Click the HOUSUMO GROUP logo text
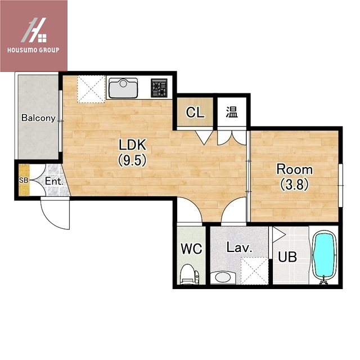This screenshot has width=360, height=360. (x=33, y=50)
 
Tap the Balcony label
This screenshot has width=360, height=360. (x=38, y=118)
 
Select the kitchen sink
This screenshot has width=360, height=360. (x=123, y=88)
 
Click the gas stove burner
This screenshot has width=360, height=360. (x=159, y=88)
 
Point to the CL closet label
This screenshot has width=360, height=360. (x=195, y=112)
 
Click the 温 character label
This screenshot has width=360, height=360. (x=232, y=112)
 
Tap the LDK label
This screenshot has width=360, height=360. (x=133, y=145)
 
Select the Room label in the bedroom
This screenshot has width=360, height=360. (x=294, y=169)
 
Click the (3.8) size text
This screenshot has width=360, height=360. (x=294, y=184)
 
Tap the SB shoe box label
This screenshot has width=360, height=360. (x=24, y=181)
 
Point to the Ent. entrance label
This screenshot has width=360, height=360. (x=54, y=181)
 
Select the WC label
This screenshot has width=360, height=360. (x=191, y=249)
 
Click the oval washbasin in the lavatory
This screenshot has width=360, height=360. (x=223, y=277)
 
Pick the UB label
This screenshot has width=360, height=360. (x=287, y=256)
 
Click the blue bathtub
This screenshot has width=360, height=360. (x=324, y=256)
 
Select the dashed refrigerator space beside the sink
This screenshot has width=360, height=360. (x=91, y=89)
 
